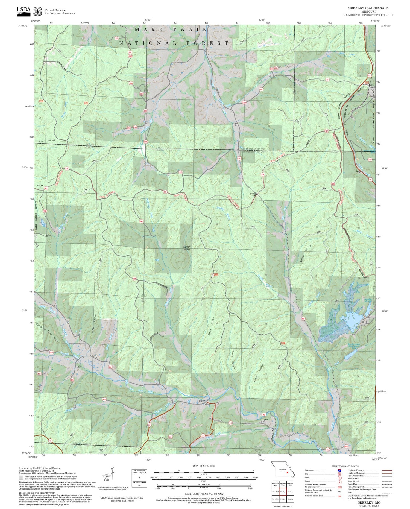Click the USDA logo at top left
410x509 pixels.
coord(24,10)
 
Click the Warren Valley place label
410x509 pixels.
coord(187,248)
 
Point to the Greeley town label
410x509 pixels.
coord(202,401)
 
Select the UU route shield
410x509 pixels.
coord(203,435)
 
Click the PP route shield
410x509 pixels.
coord(149,425)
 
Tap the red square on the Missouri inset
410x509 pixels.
coord(288,472)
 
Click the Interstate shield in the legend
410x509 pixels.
coord(339,470)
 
